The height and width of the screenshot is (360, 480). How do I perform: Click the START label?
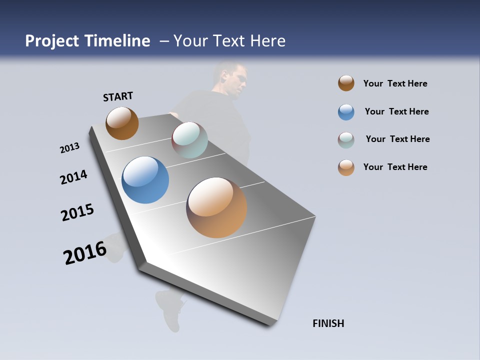[x=118, y=96]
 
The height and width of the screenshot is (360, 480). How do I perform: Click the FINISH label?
[x=328, y=323]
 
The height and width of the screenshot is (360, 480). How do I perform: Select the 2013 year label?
[x=69, y=148]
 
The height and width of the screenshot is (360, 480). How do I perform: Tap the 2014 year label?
[x=73, y=177]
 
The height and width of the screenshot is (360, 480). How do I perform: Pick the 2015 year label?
[x=77, y=212]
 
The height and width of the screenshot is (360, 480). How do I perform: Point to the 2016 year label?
[x=85, y=252]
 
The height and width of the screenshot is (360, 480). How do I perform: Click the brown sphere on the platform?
[x=122, y=123]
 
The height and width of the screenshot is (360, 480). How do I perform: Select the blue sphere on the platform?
[x=145, y=180]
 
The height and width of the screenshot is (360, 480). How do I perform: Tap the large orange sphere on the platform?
[x=216, y=207]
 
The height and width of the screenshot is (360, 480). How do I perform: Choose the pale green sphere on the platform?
[x=189, y=140]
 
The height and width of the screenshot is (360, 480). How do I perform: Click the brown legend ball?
[x=346, y=83]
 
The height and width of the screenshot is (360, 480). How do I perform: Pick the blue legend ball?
[x=346, y=112]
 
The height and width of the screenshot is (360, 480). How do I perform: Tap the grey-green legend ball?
[x=346, y=140]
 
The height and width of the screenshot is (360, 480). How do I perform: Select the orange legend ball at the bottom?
[x=346, y=167]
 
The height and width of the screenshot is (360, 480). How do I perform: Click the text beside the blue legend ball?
[x=396, y=111]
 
